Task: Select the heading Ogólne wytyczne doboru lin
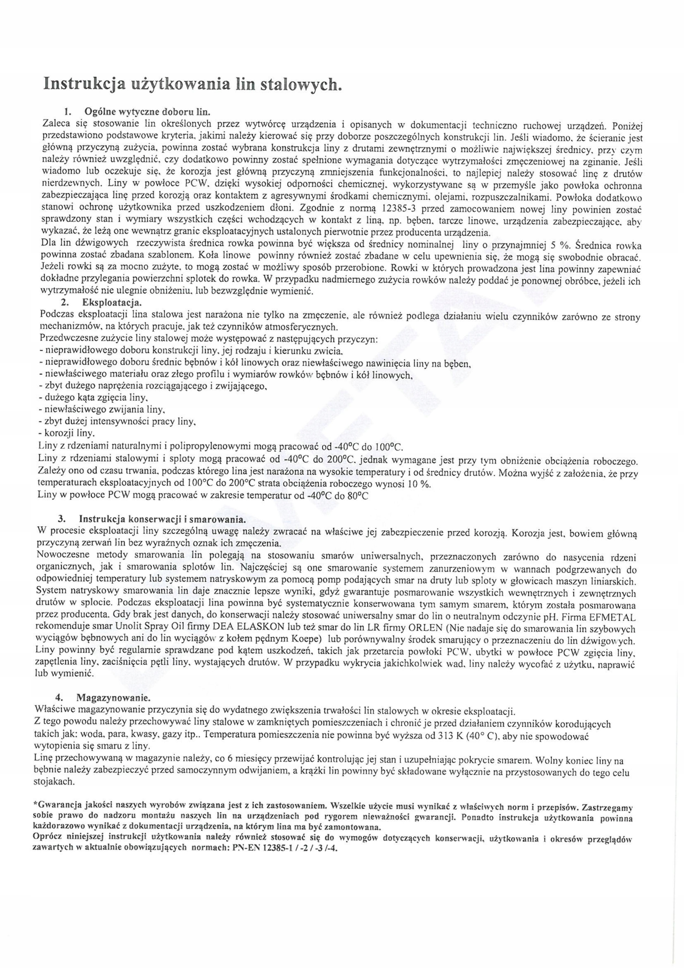pyautogui.click(x=147, y=112)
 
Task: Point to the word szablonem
pyautogui.click(x=168, y=256)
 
